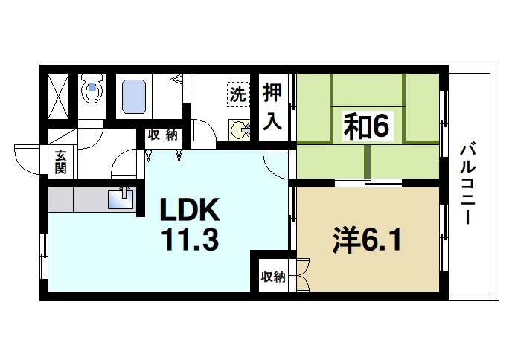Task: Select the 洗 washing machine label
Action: pyautogui.click(x=237, y=94)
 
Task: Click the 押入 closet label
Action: pyautogui.click(x=273, y=106)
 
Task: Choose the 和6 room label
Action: pyautogui.click(x=366, y=126)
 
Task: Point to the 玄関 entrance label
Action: pyautogui.click(x=60, y=161)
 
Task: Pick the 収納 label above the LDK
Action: pyautogui.click(x=162, y=135)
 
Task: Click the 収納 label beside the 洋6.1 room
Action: pyautogui.click(x=273, y=277)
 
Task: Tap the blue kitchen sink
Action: pyautogui.click(x=121, y=199)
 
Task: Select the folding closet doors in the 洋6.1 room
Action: pyautogui.click(x=302, y=275)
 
